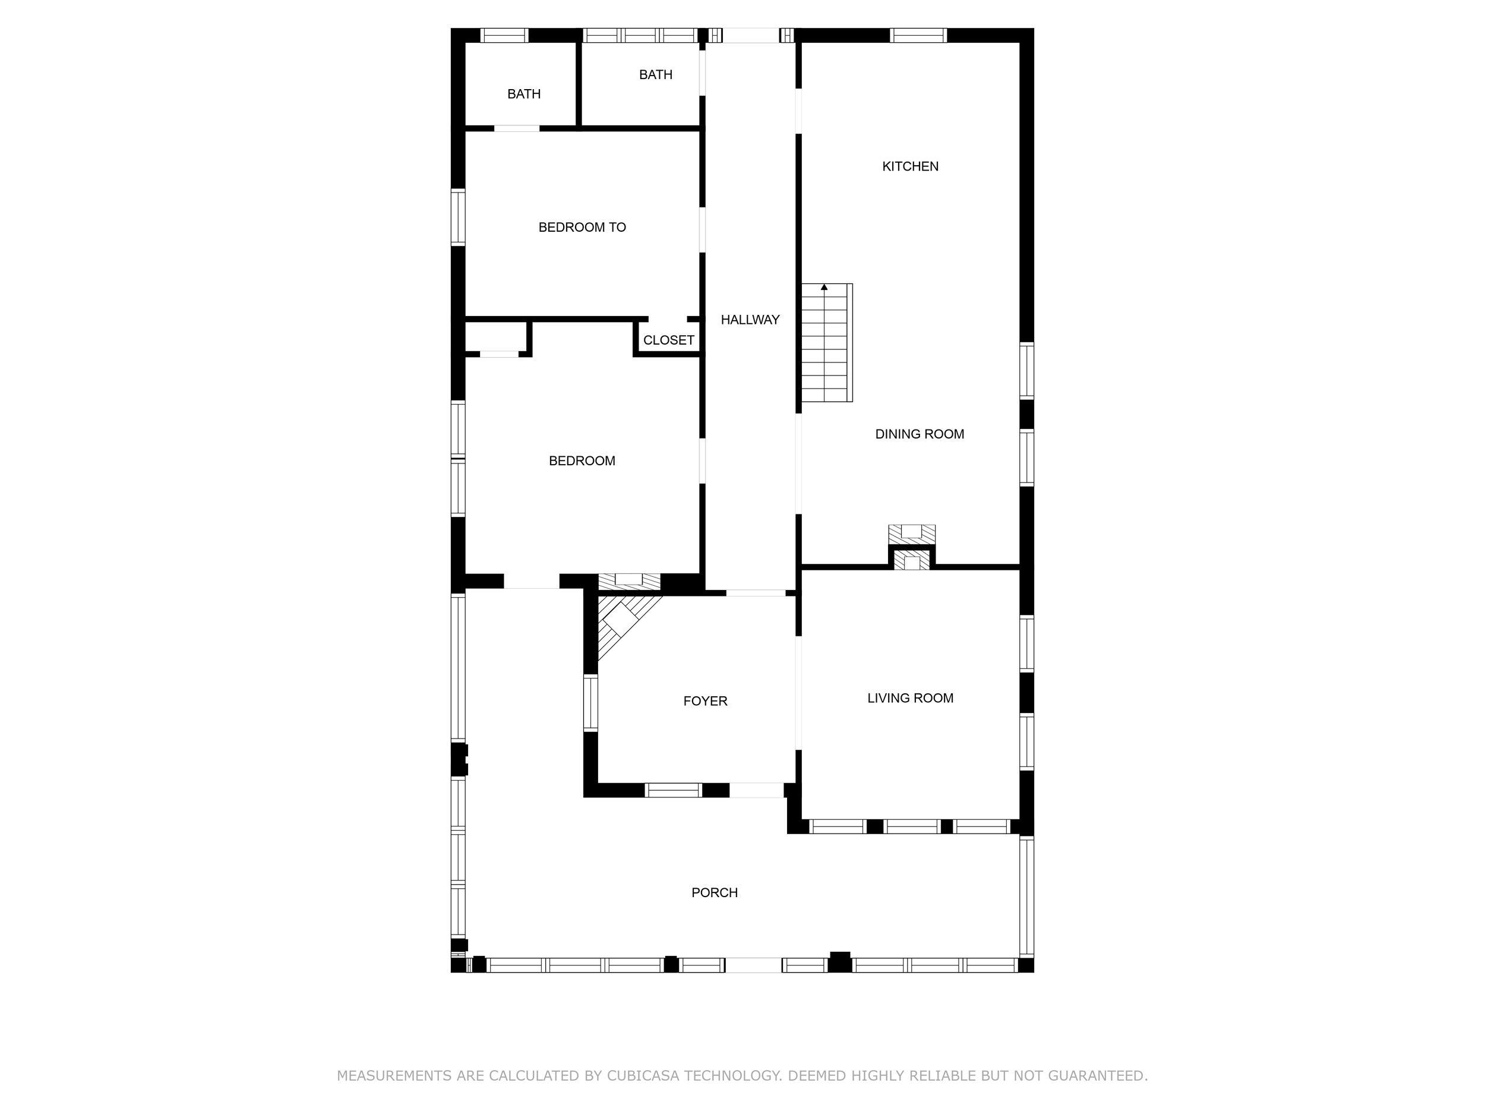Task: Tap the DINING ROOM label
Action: (919, 434)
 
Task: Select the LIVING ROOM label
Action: (909, 698)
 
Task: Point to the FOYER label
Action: (705, 701)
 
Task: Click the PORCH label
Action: (715, 892)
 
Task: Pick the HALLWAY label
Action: (750, 320)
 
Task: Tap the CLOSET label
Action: (668, 340)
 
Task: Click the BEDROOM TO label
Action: (582, 228)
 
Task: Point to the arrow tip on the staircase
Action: (824, 288)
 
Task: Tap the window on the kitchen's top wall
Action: (918, 35)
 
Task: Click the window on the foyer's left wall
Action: (590, 703)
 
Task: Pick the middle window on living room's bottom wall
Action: (911, 826)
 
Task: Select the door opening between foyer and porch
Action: (756, 790)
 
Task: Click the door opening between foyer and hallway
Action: (755, 593)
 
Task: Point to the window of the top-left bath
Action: (505, 35)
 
